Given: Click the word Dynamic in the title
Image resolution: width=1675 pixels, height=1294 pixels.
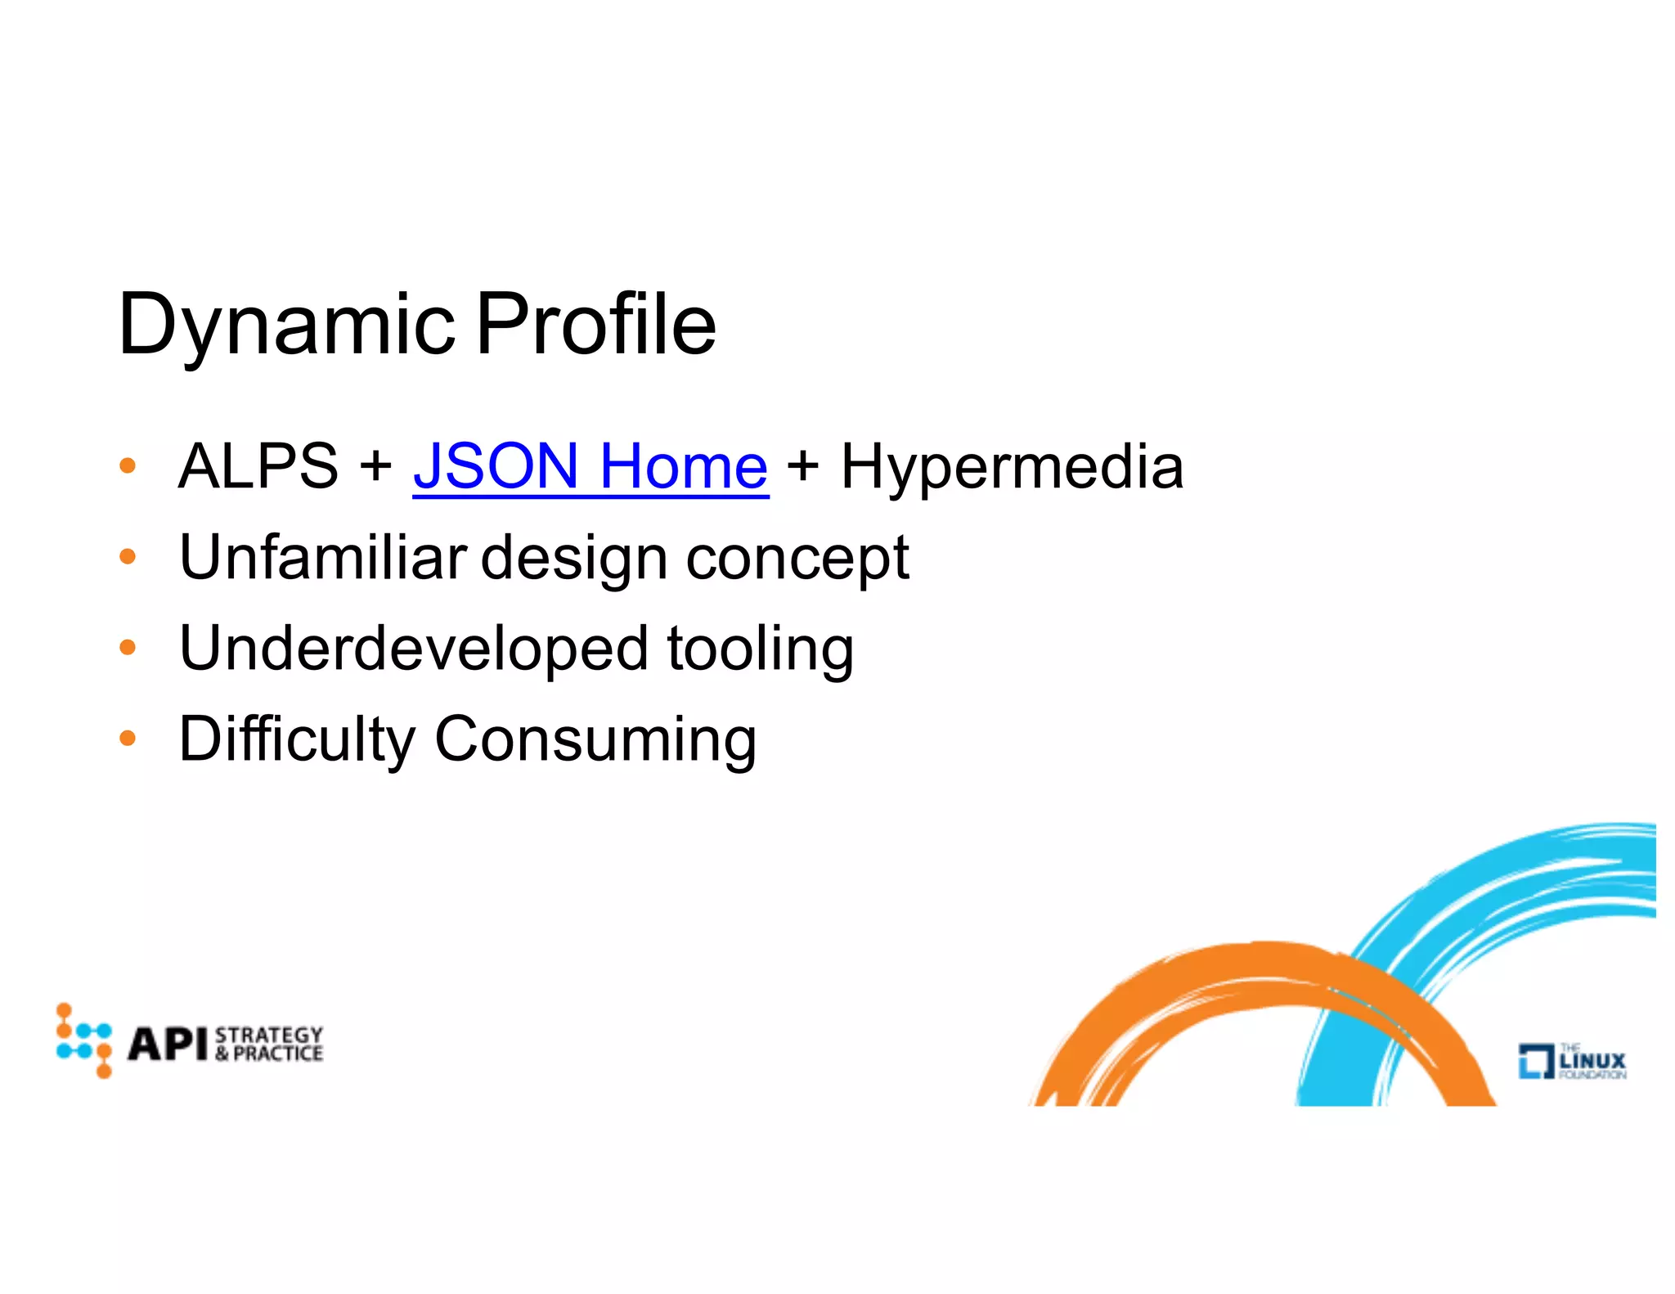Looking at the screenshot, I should tap(285, 326).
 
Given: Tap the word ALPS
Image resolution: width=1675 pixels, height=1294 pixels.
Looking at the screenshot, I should tap(258, 466).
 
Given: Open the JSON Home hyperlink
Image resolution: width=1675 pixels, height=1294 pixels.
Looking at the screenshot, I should tap(591, 466).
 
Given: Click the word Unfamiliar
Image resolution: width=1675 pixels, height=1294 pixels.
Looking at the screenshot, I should tap(322, 558).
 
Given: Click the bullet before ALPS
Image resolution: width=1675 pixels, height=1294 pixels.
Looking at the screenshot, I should tap(127, 466).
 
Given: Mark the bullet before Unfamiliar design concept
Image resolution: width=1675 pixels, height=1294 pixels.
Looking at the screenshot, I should tap(127, 558).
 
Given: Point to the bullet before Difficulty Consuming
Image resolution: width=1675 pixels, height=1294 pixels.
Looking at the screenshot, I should tap(127, 739).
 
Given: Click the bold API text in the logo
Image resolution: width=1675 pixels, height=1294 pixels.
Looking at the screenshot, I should tap(168, 1045).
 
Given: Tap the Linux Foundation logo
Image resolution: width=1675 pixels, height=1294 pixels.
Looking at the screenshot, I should tap(1572, 1061).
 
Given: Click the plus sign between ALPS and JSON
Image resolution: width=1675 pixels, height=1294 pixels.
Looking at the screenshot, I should tap(375, 466).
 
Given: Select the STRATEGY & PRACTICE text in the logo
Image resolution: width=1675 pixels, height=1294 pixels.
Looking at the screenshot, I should tap(268, 1045).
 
